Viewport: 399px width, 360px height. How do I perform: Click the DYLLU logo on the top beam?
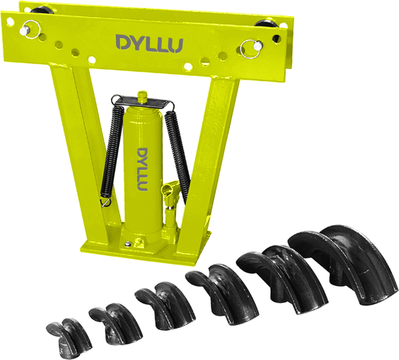[x=150, y=43]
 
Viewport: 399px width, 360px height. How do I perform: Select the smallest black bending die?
[x=68, y=337]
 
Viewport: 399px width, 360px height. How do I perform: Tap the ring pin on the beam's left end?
[x=30, y=28]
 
